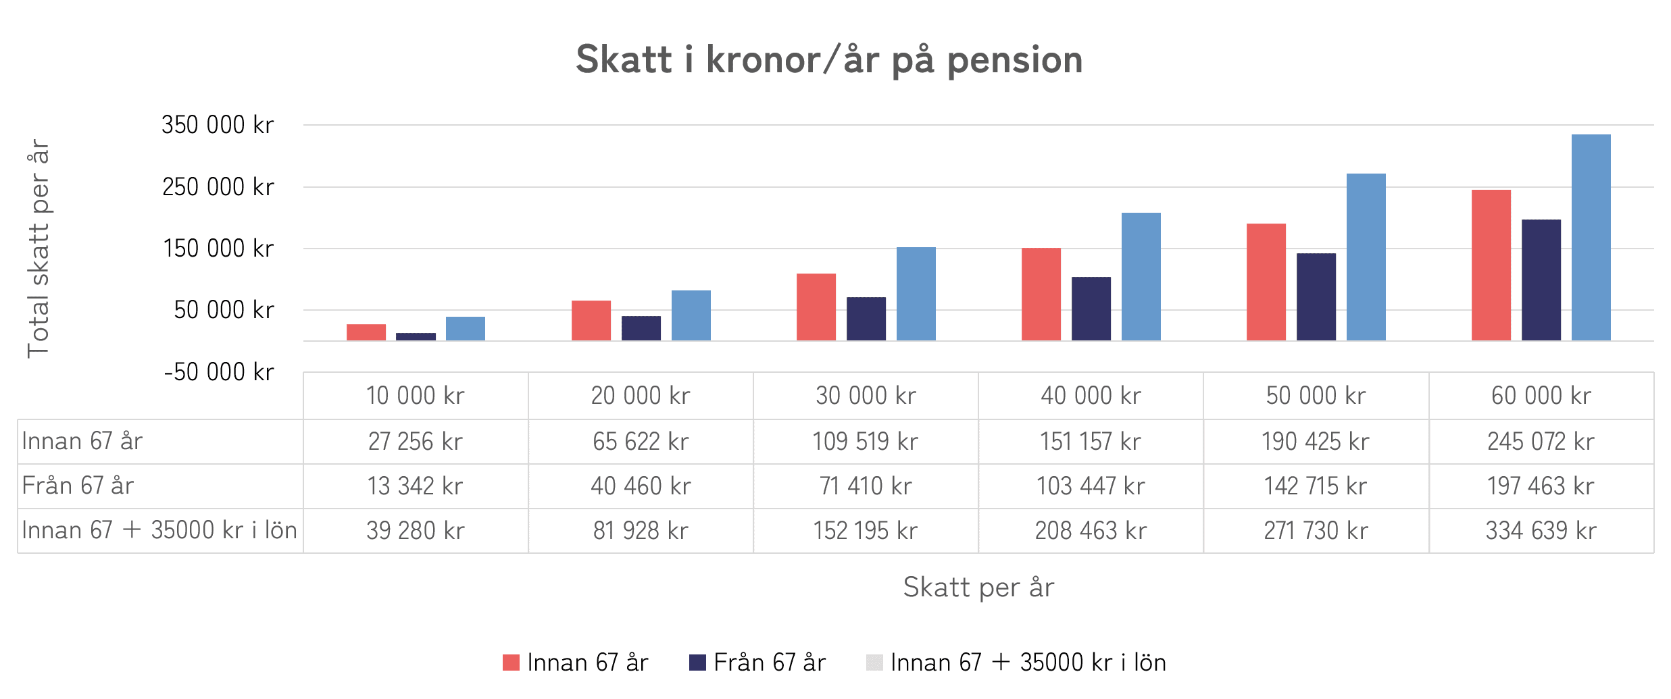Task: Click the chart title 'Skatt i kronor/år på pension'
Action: coord(829,59)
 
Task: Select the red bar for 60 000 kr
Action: coord(1491,265)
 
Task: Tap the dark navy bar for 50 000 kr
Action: coord(1316,296)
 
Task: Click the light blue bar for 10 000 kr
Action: coord(465,328)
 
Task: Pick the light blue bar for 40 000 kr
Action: coord(1141,276)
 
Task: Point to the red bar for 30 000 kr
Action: coord(816,307)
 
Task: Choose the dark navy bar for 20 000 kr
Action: coord(641,328)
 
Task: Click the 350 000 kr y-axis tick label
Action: coord(218,125)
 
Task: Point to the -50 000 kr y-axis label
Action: coord(219,372)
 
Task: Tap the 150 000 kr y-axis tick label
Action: coord(218,249)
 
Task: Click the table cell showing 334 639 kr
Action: coord(1541,531)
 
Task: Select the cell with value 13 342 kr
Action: coord(415,486)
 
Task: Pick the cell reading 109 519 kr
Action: coord(865,442)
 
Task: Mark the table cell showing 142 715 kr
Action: coord(1315,486)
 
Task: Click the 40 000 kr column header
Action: coord(1091,396)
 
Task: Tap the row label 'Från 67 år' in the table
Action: coord(78,486)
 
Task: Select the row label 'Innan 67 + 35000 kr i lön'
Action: coord(159,531)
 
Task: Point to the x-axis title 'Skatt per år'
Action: coord(978,588)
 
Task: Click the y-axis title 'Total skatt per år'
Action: coord(39,249)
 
